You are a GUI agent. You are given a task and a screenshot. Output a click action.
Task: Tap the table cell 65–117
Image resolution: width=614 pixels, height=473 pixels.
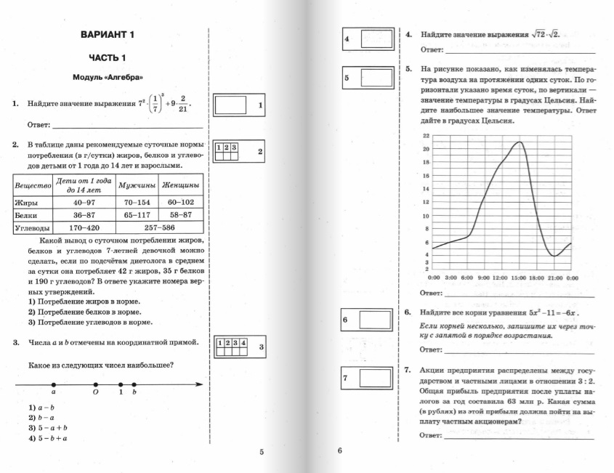coord(137,215)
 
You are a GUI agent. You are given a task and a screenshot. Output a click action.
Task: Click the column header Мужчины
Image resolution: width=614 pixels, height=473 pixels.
coord(137,185)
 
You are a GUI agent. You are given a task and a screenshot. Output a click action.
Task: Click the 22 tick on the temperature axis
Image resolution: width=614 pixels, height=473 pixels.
coord(426,136)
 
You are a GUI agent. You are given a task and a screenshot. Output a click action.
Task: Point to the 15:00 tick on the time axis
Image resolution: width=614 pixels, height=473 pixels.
coord(518,278)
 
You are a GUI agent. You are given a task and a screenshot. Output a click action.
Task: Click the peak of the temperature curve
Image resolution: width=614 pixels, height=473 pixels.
coord(518,142)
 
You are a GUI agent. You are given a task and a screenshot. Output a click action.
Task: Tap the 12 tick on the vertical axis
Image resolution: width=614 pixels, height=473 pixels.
coord(426,203)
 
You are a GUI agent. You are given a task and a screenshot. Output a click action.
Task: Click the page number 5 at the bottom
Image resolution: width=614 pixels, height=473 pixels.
coord(262,452)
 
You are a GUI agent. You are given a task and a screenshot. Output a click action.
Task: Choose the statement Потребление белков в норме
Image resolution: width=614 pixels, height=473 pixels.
coord(84,312)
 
